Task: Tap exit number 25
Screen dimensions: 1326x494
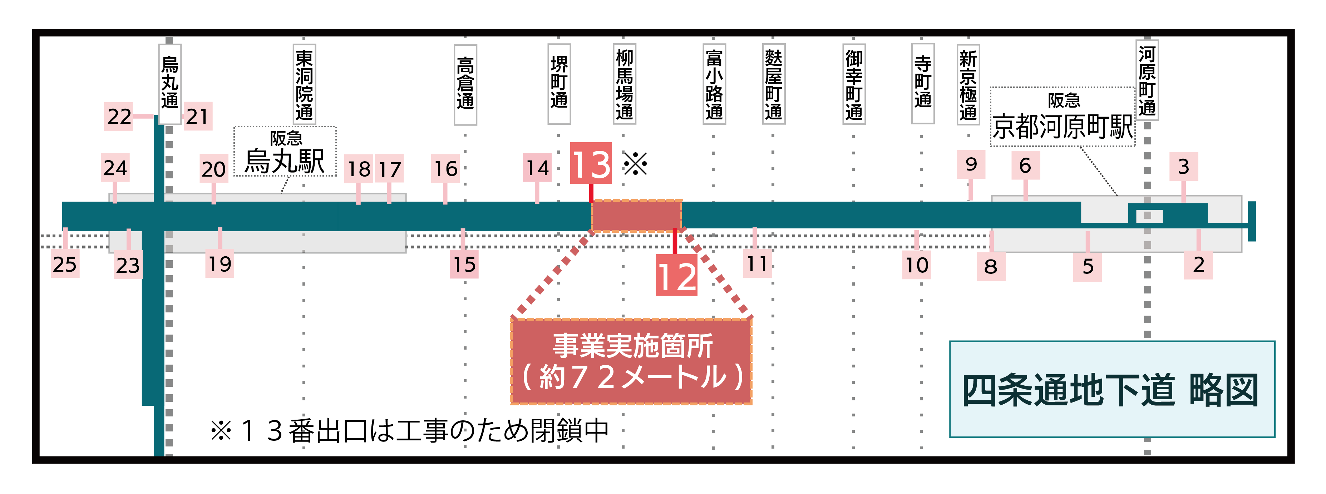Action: [x=65, y=265]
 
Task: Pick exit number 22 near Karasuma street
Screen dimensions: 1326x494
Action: [x=119, y=116]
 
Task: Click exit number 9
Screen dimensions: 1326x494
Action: [x=971, y=164]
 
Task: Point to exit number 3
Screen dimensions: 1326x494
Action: [x=1183, y=166]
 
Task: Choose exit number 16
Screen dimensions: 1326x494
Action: [x=445, y=168]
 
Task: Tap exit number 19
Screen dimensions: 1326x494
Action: [x=220, y=264]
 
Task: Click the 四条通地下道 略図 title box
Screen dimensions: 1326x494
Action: [x=1112, y=389]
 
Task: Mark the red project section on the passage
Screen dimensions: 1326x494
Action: [x=637, y=216]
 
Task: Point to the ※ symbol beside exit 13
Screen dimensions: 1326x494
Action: [x=636, y=164]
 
